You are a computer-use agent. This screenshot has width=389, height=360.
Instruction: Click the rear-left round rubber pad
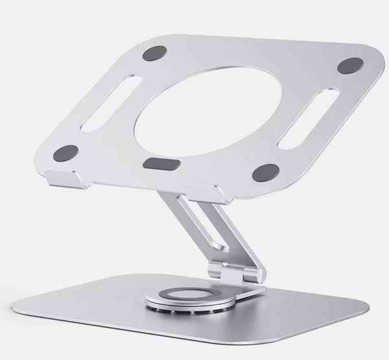point(154,53)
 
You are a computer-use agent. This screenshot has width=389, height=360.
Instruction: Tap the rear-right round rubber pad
point(350,66)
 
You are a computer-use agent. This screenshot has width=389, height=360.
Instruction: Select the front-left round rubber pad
point(65,153)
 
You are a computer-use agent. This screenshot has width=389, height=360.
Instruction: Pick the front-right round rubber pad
point(265,173)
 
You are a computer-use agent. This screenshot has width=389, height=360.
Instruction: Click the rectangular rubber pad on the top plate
point(161,163)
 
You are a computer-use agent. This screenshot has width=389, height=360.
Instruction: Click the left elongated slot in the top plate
point(112,102)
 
